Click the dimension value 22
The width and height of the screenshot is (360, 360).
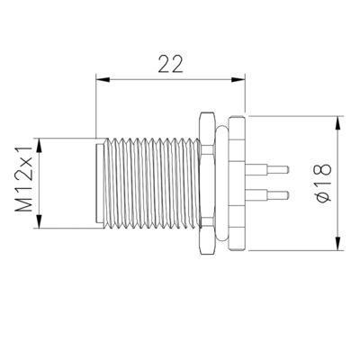pos(171,64)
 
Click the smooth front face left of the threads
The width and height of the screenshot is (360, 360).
pos(100,183)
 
